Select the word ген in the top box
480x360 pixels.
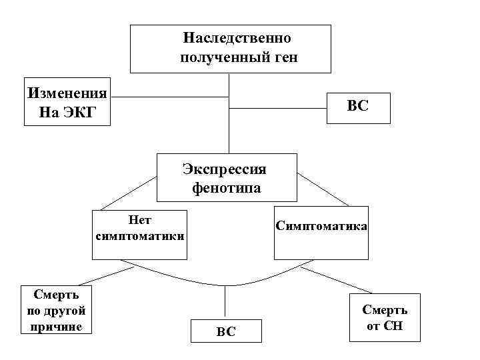285,58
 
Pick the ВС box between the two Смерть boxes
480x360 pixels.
226,331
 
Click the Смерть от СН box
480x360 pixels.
385,318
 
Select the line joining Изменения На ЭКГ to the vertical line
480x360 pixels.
170,97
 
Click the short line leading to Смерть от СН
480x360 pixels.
333,281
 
